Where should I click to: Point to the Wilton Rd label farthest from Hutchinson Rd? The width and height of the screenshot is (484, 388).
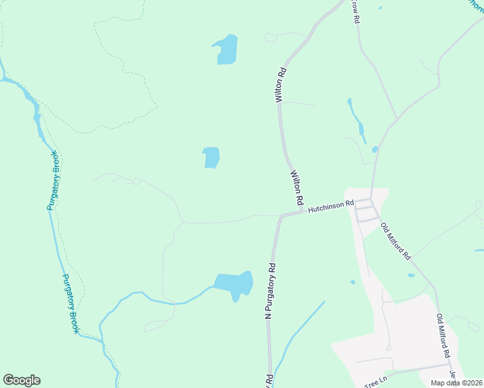tap(280, 84)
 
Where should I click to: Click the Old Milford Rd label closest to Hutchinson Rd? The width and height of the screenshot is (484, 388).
tap(396, 241)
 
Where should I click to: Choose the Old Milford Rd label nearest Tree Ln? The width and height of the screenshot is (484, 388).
tap(443, 336)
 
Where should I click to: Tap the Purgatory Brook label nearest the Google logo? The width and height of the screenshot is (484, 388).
tap(71, 304)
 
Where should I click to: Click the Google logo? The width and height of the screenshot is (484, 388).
tap(21, 380)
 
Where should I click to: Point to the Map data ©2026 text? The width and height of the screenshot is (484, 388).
tap(456, 383)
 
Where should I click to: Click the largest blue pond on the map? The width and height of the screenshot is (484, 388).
tap(234, 284)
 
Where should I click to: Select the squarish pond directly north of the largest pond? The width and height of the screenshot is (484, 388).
tap(211, 157)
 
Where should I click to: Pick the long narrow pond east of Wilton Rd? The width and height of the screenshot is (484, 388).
tap(357, 120)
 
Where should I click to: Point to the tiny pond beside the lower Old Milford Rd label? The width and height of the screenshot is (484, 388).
tap(412, 275)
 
